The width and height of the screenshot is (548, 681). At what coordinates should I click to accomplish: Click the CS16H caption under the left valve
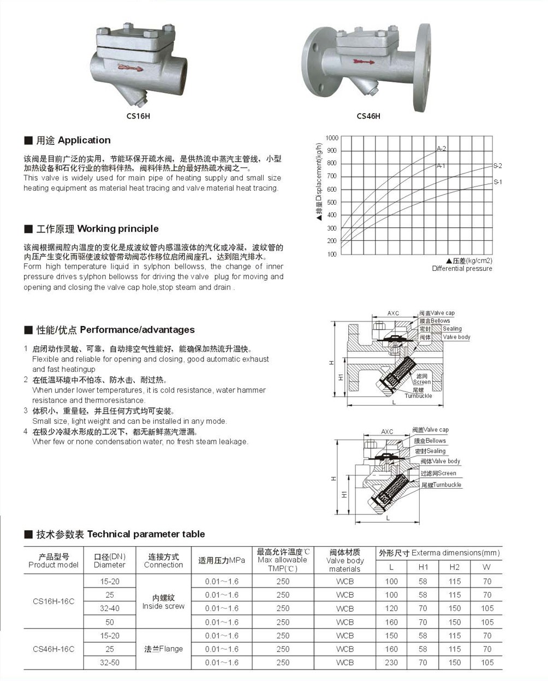tap(138, 116)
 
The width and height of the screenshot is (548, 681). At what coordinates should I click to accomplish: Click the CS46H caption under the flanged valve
tap(368, 116)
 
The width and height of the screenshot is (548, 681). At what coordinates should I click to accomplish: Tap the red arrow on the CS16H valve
tap(129, 68)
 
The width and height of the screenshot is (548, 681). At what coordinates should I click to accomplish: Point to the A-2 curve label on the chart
tap(441, 149)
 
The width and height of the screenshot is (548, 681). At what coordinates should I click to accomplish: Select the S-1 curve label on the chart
tap(498, 182)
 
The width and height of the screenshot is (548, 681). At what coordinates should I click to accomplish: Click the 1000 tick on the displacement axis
tap(332, 138)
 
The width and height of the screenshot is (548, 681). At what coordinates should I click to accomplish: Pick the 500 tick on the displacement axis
tap(332, 202)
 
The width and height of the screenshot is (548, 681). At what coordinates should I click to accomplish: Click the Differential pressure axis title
tap(462, 268)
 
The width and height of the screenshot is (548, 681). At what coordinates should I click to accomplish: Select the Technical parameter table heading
tap(121, 534)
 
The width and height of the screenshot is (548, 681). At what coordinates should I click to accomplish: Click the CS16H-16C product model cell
tap(53, 601)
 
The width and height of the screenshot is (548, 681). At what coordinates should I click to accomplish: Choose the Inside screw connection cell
tap(163, 602)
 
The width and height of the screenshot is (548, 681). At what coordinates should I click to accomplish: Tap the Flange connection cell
tap(163, 649)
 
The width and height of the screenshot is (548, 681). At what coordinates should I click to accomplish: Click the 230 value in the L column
tap(391, 662)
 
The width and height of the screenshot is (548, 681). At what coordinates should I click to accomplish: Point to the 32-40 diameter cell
tap(110, 608)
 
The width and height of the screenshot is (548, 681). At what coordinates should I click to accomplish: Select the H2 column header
tap(455, 567)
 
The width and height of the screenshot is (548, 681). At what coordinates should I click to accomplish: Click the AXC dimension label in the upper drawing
tap(393, 313)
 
